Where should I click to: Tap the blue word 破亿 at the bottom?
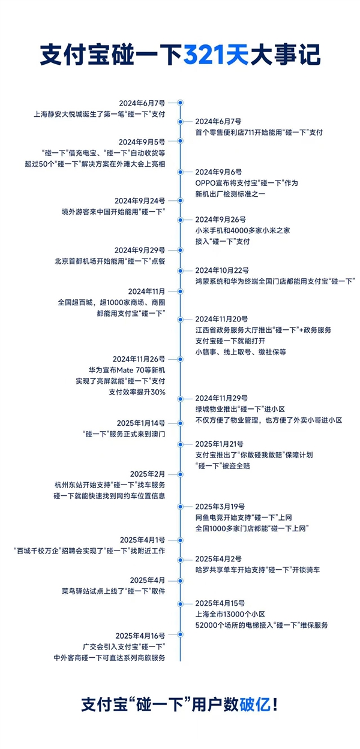point(254,704)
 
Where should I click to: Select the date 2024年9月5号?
point(142,142)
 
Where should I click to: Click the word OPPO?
point(207,183)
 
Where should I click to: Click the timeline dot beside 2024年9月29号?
point(180,249)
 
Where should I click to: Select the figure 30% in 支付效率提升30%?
point(157,392)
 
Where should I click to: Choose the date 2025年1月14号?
point(142,423)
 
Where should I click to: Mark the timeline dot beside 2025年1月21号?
point(180,444)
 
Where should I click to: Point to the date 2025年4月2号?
point(217,559)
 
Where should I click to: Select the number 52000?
point(208,625)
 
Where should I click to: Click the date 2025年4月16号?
point(141,635)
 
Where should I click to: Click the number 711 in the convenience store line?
point(256,132)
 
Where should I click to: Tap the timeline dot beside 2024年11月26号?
point(180,359)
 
